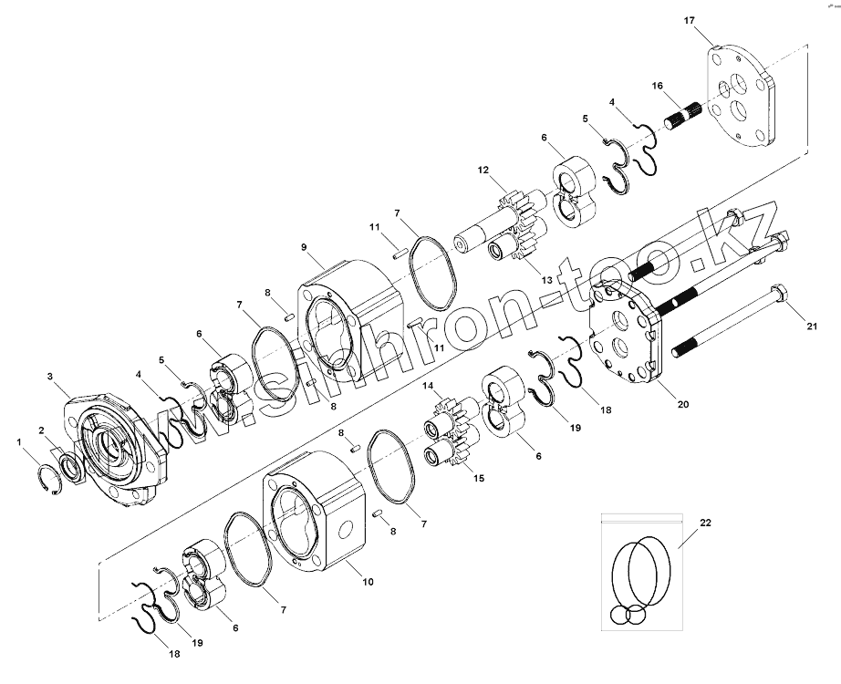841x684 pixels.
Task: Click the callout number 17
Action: point(690,20)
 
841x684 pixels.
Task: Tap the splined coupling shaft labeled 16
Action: point(687,114)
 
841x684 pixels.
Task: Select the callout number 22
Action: point(705,523)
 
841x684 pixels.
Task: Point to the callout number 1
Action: point(19,442)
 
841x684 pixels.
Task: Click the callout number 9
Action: point(304,247)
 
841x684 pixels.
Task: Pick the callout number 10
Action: point(368,582)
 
